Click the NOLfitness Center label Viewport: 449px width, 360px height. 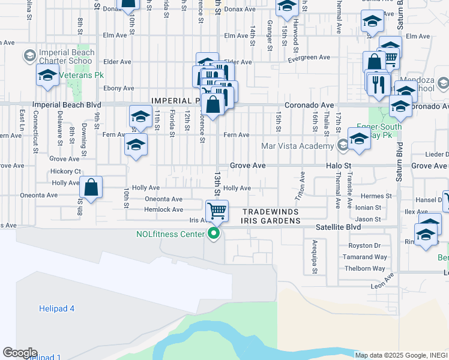tap(170, 234)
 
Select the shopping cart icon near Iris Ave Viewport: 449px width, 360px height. tap(216, 211)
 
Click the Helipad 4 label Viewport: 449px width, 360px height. tap(57, 308)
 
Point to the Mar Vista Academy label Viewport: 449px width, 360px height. tap(298, 146)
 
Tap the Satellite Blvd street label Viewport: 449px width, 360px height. tap(339, 228)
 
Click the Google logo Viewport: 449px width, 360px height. tap(20, 353)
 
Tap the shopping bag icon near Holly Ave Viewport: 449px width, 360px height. tap(91, 187)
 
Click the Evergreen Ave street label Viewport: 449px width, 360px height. tap(309, 58)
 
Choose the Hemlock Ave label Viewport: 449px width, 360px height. tap(163, 209)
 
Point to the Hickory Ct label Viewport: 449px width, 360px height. tap(66, 171)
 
